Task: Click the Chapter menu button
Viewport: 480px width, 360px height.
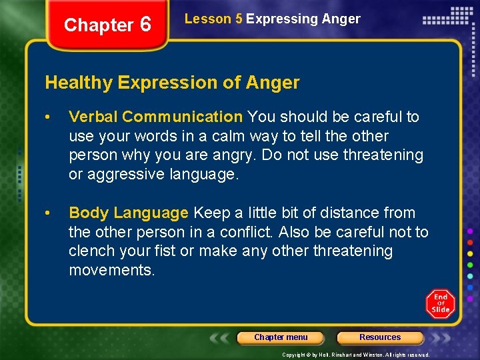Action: (x=281, y=337)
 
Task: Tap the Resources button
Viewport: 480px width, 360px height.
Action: (x=380, y=337)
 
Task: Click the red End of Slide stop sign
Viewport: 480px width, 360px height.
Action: (x=440, y=303)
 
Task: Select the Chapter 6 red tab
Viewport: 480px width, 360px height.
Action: (x=107, y=25)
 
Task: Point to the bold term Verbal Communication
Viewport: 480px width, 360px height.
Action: (x=155, y=117)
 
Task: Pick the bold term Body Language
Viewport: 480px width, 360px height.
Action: (x=129, y=213)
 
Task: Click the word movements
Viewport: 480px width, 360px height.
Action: (x=111, y=270)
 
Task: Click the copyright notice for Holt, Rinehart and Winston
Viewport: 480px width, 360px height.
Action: (x=355, y=355)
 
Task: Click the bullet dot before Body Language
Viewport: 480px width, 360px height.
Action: (x=49, y=213)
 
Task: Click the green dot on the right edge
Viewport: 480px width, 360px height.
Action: (x=470, y=265)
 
